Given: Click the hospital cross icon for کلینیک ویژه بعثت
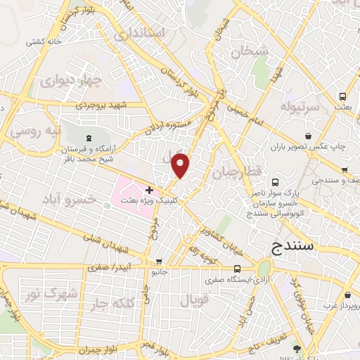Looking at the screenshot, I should click(x=149, y=190).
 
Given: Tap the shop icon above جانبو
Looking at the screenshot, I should click(x=159, y=260).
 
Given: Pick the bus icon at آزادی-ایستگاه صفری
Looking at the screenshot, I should click(x=237, y=268).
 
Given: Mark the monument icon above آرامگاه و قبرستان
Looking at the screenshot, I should click(x=88, y=139).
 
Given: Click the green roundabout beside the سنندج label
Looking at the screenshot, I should click(x=264, y=268).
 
